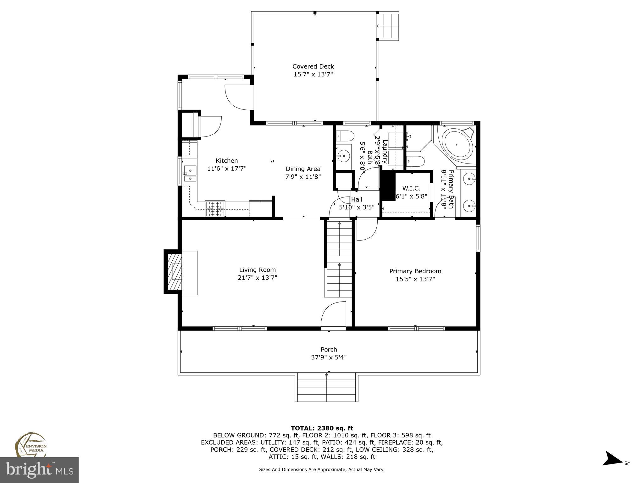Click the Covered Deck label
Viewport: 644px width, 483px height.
(313, 66)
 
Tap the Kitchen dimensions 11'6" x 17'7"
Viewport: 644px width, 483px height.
(226, 169)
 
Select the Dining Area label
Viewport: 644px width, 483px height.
(303, 169)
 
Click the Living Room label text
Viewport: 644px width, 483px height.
(257, 270)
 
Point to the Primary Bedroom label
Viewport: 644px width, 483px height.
(415, 271)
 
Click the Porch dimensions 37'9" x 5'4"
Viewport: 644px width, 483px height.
(329, 358)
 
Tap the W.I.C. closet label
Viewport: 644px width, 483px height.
(411, 188)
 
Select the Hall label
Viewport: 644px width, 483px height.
(357, 199)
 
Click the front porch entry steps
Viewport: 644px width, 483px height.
(326, 387)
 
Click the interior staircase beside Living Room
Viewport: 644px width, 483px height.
(339, 259)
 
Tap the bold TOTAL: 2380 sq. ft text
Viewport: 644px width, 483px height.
(322, 428)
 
